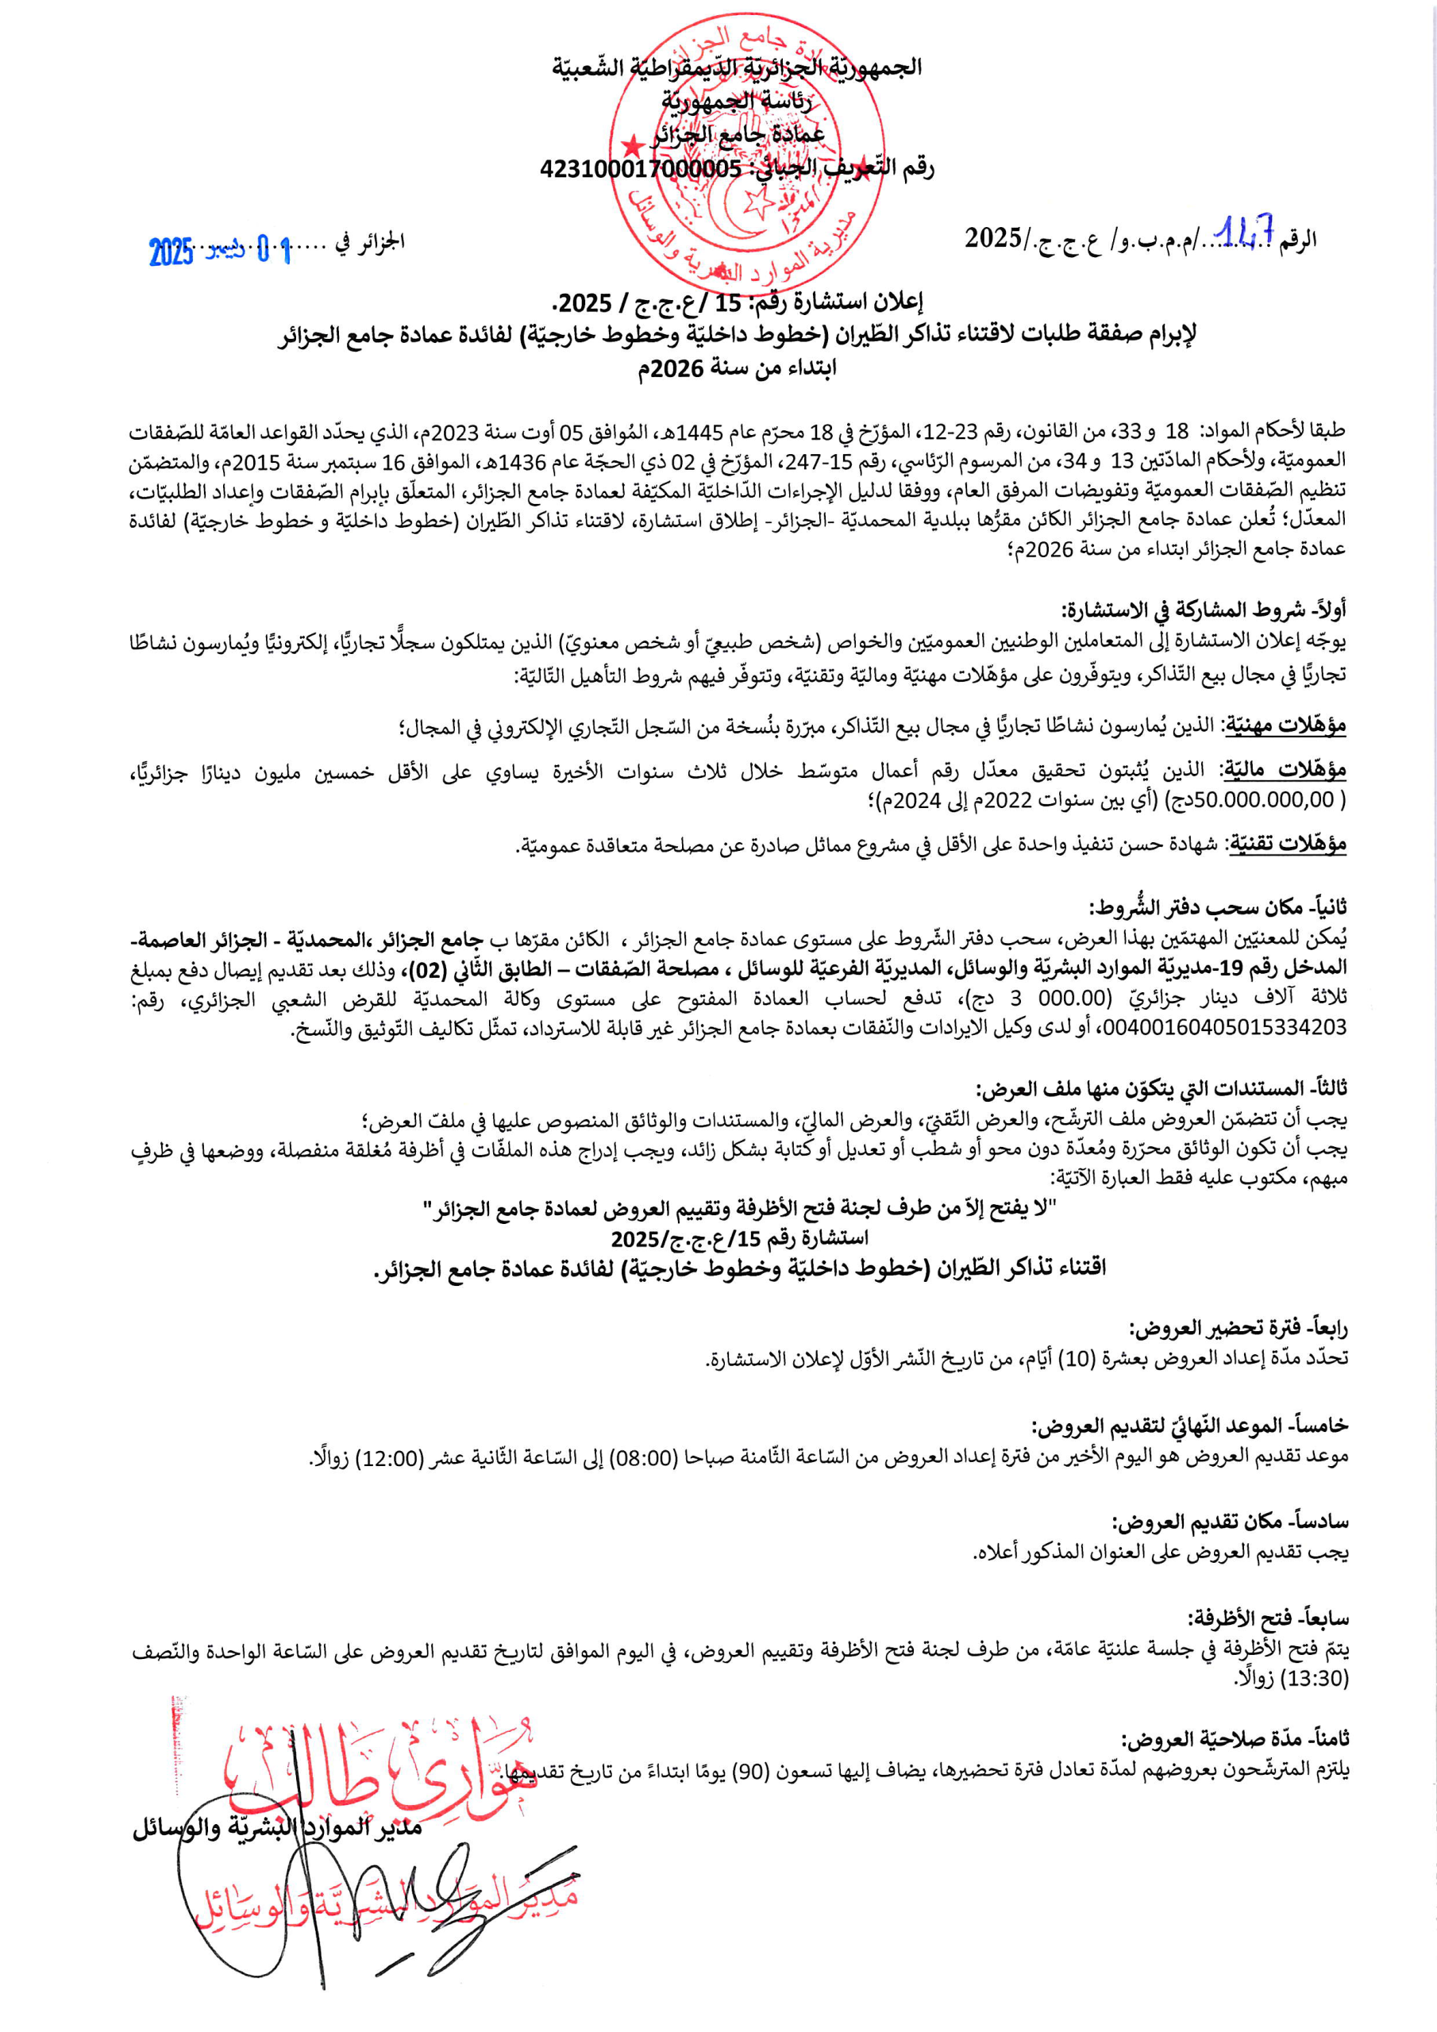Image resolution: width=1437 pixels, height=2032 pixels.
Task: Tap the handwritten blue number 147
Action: pyautogui.click(x=1246, y=233)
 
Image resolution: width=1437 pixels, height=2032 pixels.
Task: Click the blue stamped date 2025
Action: pyautogui.click(x=171, y=252)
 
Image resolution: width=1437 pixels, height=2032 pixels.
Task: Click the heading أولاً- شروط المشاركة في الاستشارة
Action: pyautogui.click(x=1204, y=610)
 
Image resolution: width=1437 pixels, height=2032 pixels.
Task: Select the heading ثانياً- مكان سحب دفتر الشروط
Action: pyautogui.click(x=1217, y=907)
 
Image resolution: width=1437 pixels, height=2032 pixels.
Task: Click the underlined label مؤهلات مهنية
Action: pyautogui.click(x=1284, y=726)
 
